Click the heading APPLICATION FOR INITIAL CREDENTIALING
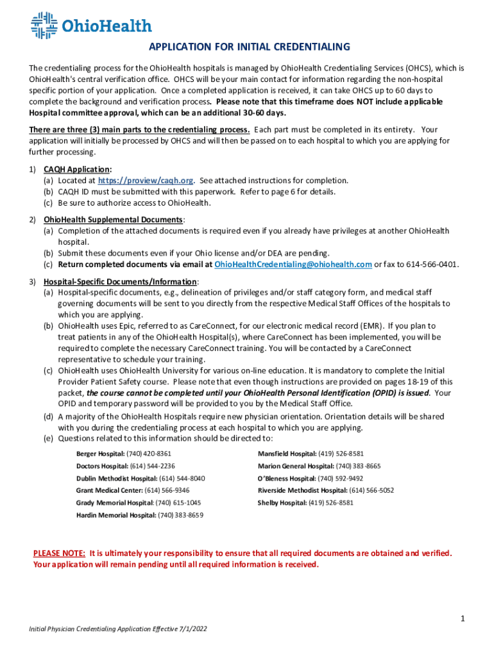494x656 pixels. [250, 47]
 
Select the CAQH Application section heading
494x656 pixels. [77, 169]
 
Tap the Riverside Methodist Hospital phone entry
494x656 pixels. [326, 491]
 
